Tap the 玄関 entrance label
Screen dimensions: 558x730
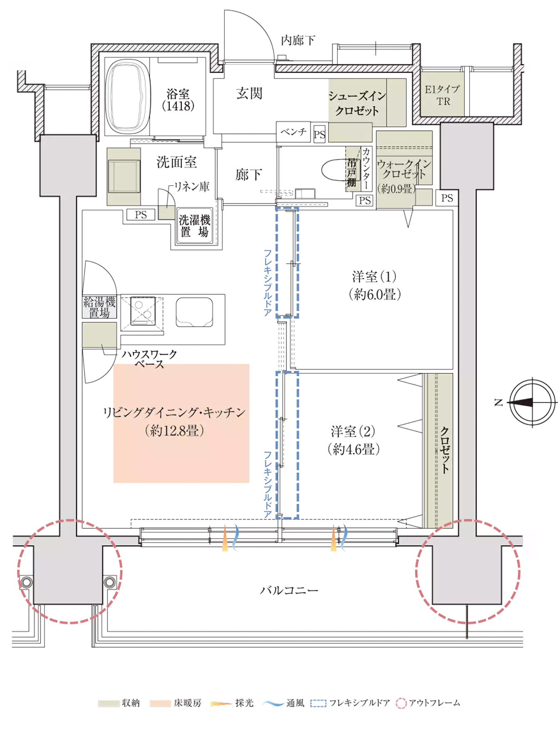249,93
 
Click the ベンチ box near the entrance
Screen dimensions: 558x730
294,132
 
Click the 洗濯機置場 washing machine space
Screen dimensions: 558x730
195,226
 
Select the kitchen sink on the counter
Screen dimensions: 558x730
194,312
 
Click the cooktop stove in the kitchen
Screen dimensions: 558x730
143,310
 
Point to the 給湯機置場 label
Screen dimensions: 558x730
99,307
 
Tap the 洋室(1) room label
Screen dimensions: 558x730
375,285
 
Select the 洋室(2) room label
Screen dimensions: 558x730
353,440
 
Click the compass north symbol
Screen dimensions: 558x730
532,402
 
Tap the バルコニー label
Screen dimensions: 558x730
289,590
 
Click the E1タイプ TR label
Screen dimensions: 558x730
442,95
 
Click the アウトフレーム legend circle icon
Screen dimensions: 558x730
401,703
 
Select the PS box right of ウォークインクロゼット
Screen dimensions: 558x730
447,198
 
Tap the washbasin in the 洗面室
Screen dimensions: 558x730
123,177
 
